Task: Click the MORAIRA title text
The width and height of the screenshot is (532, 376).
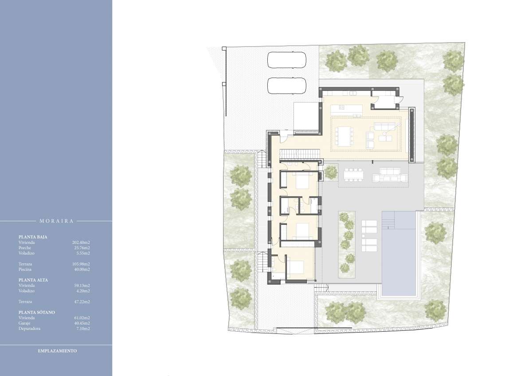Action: click(x=57, y=221)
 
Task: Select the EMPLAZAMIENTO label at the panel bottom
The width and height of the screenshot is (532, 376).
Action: click(x=57, y=351)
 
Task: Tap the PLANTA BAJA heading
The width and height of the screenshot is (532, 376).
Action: click(x=33, y=237)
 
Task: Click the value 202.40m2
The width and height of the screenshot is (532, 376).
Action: click(x=81, y=243)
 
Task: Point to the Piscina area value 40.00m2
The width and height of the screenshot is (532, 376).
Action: click(x=82, y=269)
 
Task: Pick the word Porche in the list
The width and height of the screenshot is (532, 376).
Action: click(x=25, y=248)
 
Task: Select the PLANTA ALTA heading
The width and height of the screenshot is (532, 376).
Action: click(x=33, y=280)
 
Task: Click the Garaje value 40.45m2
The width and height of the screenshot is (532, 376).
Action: click(x=82, y=323)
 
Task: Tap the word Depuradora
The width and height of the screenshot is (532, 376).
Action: click(x=29, y=329)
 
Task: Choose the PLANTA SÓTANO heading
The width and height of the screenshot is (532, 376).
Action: click(x=36, y=312)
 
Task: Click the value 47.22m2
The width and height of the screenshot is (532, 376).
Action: click(x=82, y=302)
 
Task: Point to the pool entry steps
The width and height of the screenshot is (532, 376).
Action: click(x=388, y=220)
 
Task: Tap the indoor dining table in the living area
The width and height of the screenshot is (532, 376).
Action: click(x=344, y=137)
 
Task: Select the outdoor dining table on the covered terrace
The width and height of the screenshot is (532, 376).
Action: click(x=353, y=175)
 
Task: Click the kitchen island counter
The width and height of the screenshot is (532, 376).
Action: click(x=347, y=109)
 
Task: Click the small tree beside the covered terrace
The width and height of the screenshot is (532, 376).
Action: click(x=331, y=172)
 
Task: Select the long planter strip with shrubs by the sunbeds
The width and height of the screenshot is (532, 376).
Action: click(x=347, y=245)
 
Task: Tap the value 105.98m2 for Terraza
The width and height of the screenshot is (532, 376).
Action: click(x=81, y=264)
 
